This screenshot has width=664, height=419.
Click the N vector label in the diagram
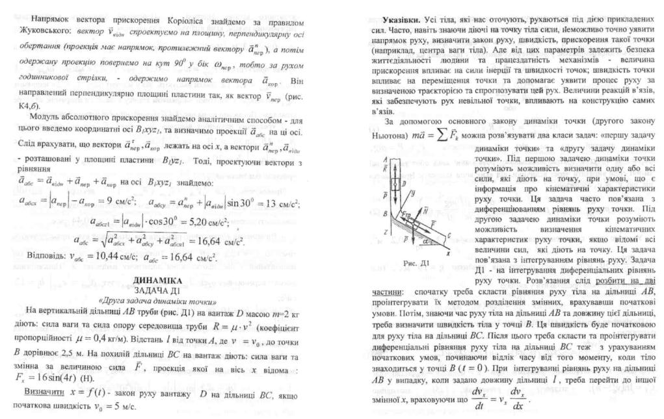click(425, 211)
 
